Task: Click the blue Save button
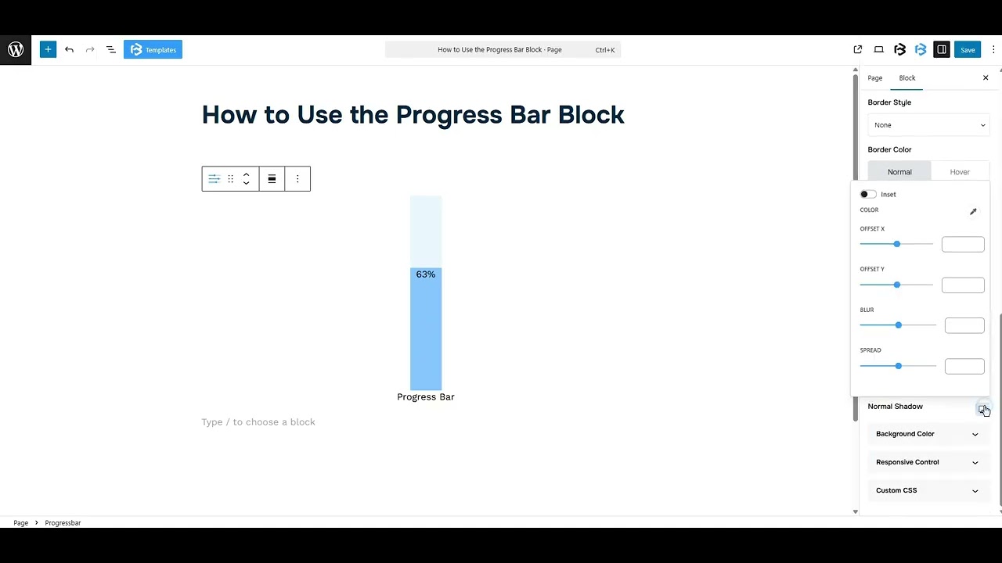coord(968,50)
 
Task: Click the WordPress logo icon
coord(16,50)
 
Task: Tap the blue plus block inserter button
coord(48,50)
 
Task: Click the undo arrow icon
coord(69,50)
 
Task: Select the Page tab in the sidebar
coord(874,78)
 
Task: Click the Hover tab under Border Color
coord(959,172)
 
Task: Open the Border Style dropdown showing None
coord(928,125)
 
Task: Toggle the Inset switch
coord(867,195)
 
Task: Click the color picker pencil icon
coord(973,212)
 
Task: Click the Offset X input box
coord(962,245)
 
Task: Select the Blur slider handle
coord(898,325)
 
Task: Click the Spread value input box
coord(964,367)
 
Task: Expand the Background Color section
coord(927,434)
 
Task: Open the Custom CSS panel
coord(927,491)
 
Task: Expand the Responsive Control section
coord(927,462)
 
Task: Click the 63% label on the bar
coord(426,274)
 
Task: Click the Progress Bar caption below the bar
coord(426,397)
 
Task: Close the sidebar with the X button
coord(986,78)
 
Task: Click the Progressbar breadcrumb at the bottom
coord(63,523)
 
